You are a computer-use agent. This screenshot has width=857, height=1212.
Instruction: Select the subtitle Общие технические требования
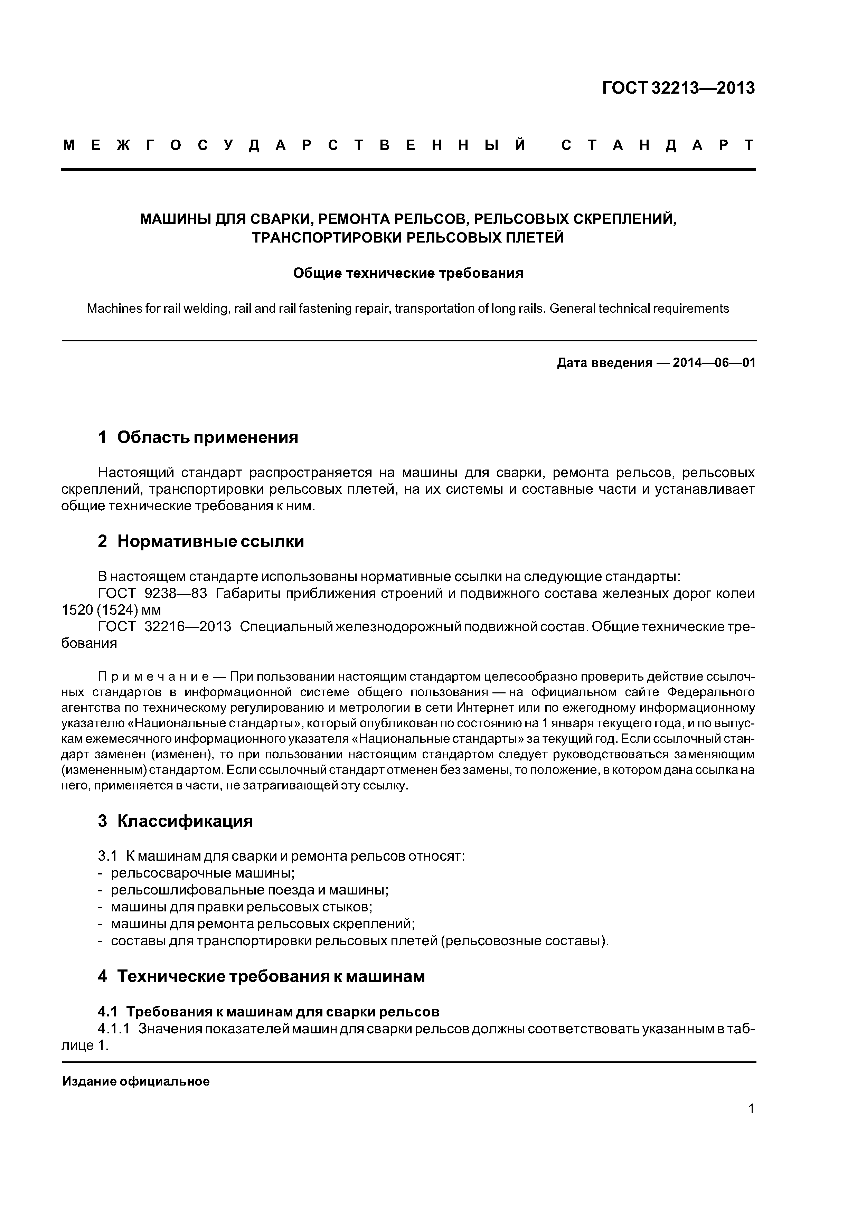408,273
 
